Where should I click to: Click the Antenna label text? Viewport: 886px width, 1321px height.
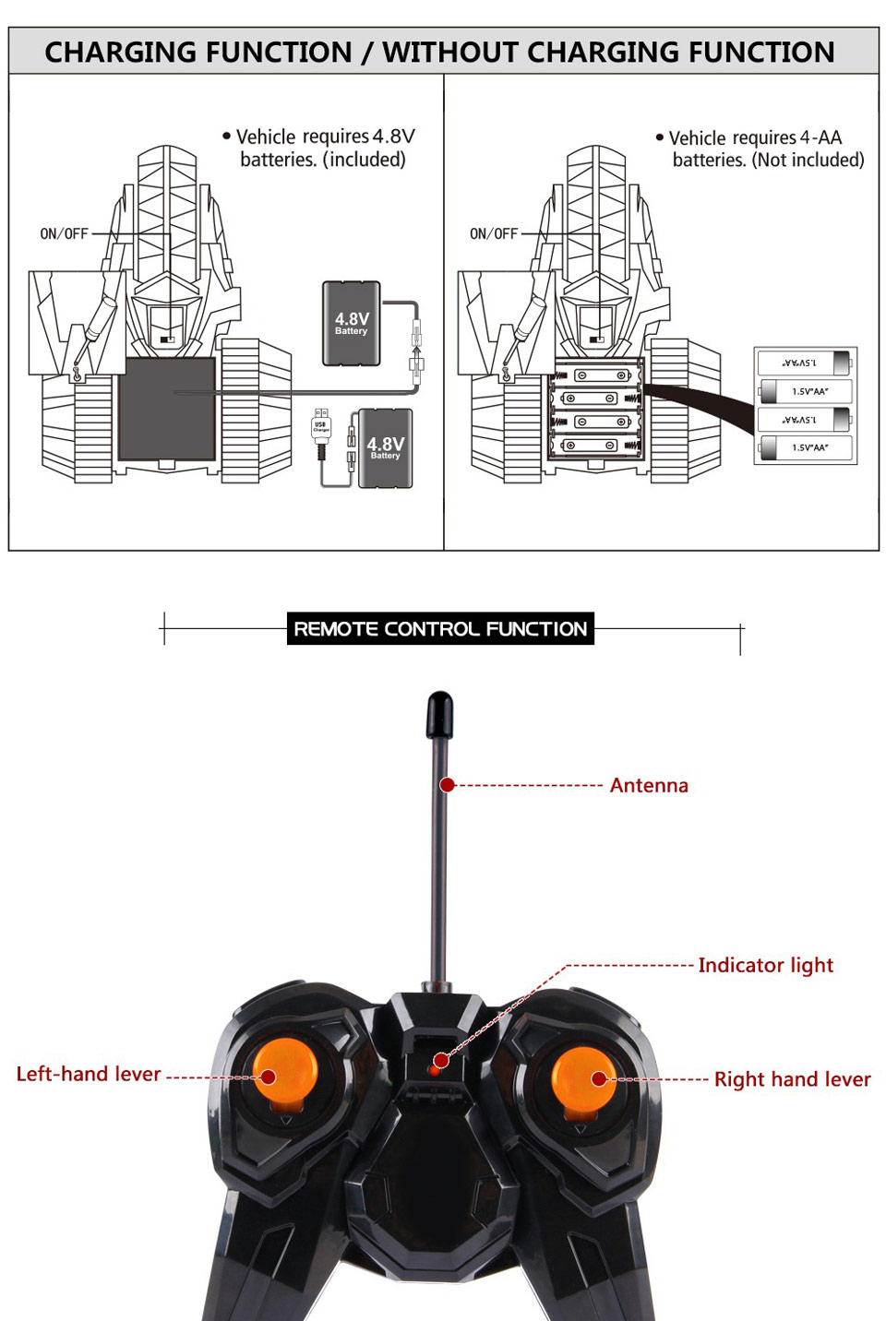click(648, 785)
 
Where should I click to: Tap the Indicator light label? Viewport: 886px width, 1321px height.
click(765, 965)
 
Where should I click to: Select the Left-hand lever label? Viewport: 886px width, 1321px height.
click(89, 1074)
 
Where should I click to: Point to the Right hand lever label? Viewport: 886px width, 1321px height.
click(792, 1078)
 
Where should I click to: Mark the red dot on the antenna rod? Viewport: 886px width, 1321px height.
click(448, 785)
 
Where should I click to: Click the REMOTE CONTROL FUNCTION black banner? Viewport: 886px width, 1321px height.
click(440, 629)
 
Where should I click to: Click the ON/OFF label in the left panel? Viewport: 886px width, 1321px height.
click(64, 234)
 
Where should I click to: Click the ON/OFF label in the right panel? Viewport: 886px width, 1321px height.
click(494, 234)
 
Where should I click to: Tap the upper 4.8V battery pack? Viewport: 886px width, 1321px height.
click(351, 324)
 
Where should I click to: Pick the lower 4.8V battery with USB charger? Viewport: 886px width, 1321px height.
click(385, 448)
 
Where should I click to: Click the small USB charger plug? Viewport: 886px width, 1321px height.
click(321, 426)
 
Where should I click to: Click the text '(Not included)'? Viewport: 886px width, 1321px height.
click(808, 160)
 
